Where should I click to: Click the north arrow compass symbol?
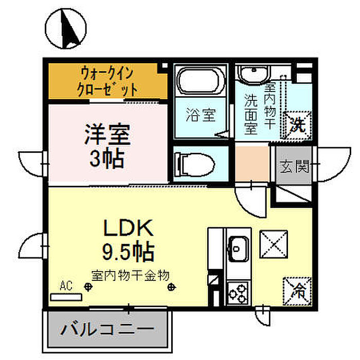66,28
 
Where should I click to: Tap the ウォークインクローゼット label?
107,81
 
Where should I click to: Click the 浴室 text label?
201,115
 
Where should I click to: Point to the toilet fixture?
195,165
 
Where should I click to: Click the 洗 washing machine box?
298,125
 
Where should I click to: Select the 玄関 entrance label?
294,166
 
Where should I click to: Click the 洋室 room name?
107,134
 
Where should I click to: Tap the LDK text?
129,228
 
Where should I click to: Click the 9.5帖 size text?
128,252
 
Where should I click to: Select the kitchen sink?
239,248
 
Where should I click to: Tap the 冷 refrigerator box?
297,292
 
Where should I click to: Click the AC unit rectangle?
66,297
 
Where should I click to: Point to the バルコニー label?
107,329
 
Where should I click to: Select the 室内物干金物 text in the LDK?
131,276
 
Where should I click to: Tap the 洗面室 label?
251,114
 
